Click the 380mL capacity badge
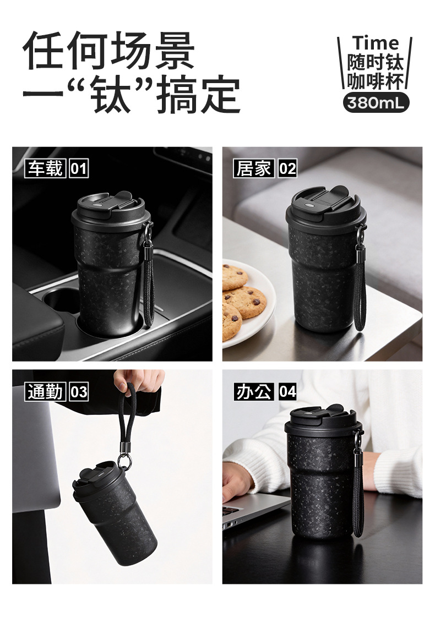click(376, 103)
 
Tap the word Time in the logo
click(376, 43)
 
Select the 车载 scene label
click(45, 168)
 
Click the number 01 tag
click(79, 168)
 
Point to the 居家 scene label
click(254, 168)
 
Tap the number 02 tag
click(287, 168)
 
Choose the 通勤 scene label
click(45, 391)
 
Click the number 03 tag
click(79, 391)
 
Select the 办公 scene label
click(254, 391)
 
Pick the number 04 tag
click(287, 391)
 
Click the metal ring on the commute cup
click(124, 461)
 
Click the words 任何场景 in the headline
click(109, 51)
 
